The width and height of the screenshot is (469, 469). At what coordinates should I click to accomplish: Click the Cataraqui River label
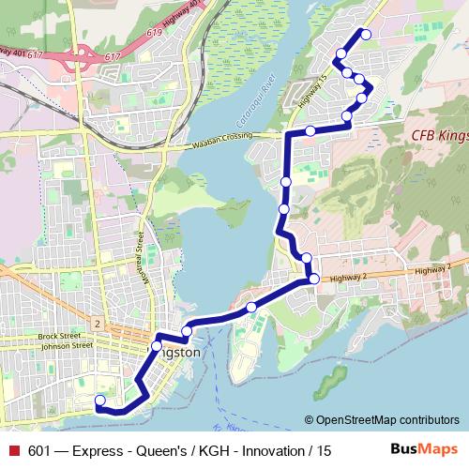pos(255,104)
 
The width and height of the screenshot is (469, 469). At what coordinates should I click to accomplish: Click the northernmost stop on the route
pos(366,35)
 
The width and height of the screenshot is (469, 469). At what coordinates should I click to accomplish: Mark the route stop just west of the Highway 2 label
pos(313,278)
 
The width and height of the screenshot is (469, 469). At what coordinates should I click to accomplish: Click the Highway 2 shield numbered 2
pos(97,323)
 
